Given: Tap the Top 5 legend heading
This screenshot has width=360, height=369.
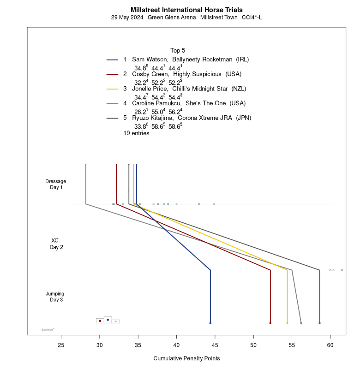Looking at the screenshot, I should pos(178,50).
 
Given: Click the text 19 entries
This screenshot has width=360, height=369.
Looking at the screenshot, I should pos(136,133).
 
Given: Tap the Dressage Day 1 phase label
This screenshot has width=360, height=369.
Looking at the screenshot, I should pos(56,184).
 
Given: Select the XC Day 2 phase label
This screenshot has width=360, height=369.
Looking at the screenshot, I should pos(56,244).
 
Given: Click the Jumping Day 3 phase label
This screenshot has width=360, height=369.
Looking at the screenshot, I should pos(55,297).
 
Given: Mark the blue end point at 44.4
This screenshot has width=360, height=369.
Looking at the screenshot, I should pos(210,323).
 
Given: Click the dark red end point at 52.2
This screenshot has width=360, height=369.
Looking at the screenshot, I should pos(270,323).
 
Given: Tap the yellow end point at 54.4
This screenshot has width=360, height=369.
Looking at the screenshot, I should pos(287,323).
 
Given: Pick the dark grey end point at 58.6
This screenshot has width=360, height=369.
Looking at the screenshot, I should pos(319,323).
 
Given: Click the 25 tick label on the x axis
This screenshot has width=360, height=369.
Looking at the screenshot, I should pos(61,344).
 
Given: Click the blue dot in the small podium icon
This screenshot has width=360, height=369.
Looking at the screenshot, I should pos(108,319).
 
